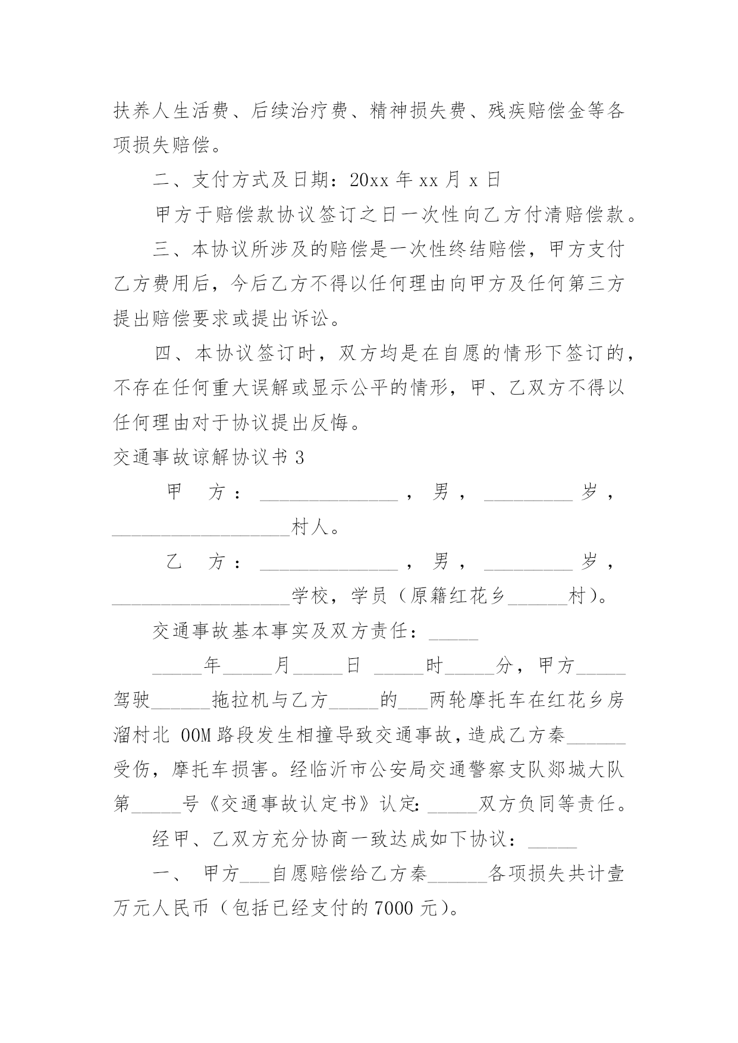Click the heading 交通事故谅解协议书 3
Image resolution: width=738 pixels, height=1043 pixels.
208,457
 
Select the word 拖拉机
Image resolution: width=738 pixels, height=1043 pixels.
241,700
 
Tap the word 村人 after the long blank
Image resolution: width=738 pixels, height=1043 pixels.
309,527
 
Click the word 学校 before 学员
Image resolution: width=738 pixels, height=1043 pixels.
309,596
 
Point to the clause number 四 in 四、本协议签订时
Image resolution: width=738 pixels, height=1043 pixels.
162,354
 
